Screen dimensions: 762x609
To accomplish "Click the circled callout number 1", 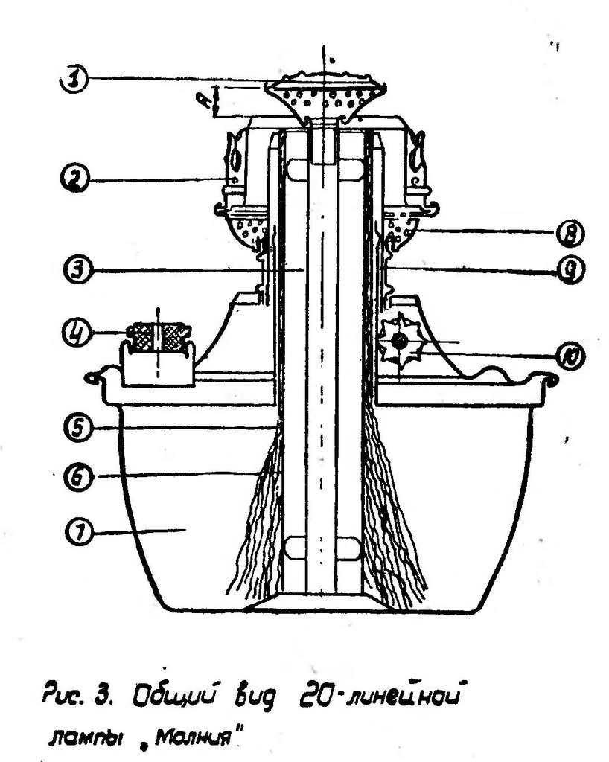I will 75,80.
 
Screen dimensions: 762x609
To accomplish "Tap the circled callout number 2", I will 74,179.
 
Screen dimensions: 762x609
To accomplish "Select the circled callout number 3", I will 74,267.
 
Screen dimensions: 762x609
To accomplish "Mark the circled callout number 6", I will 74,475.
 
